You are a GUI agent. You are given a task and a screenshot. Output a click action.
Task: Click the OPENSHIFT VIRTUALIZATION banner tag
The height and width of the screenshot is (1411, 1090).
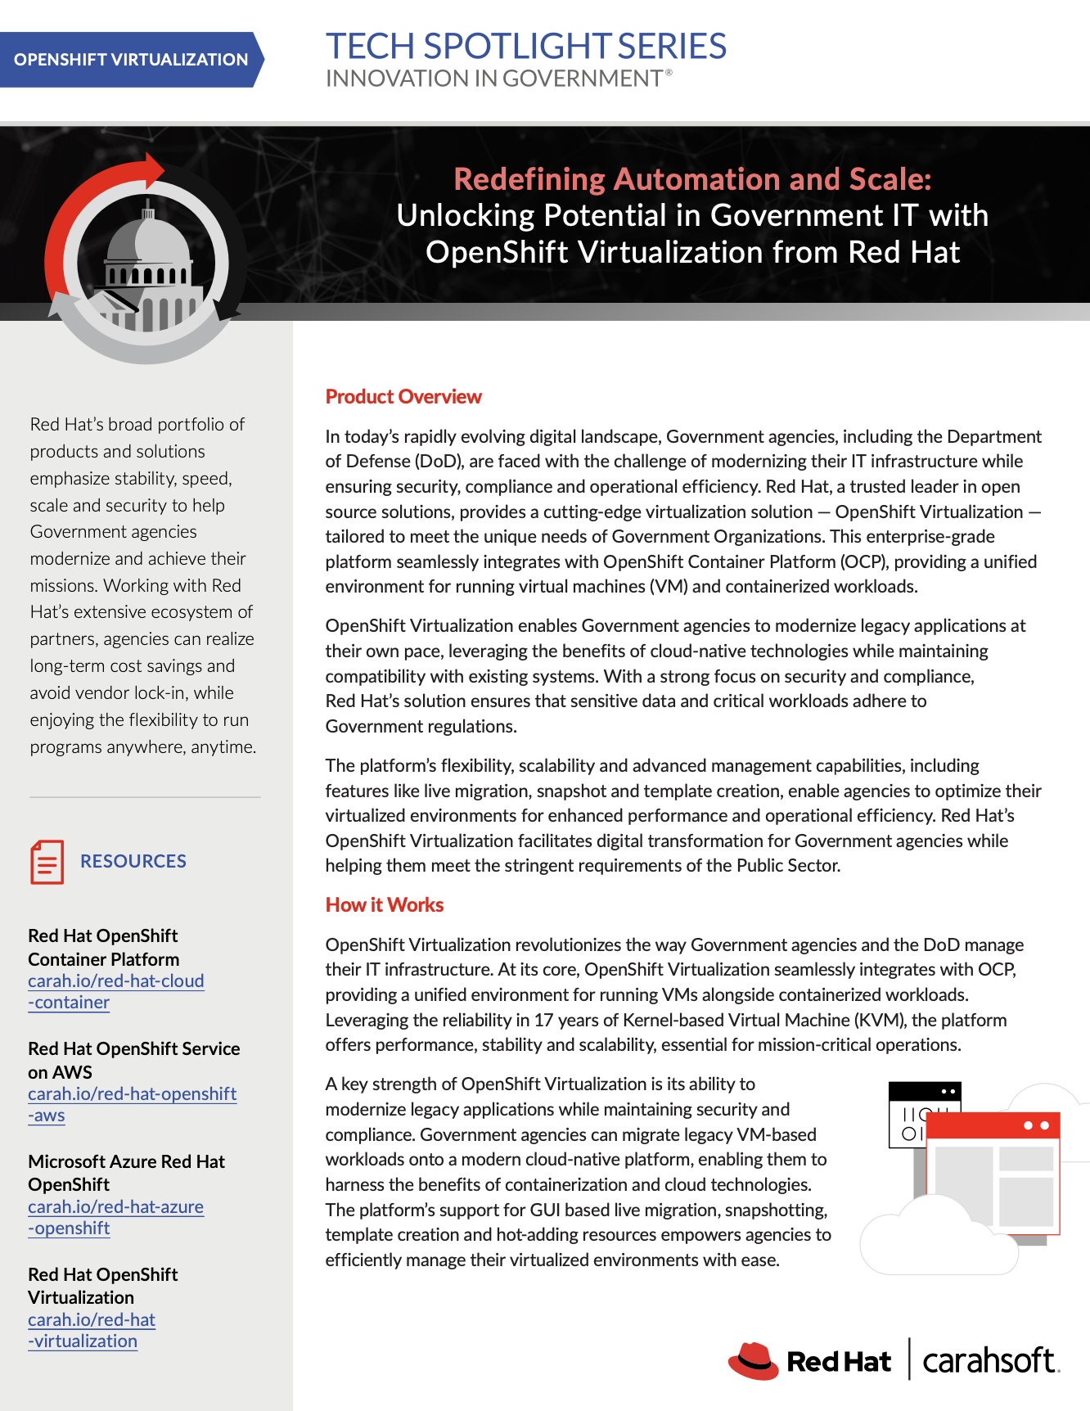tap(131, 60)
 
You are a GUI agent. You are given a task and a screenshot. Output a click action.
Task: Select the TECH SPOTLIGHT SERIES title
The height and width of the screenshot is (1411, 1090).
tap(525, 47)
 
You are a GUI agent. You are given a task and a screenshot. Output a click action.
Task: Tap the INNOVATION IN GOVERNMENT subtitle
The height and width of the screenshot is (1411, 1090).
tap(494, 79)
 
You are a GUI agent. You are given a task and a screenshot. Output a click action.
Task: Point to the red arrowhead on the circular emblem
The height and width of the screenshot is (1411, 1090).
tap(153, 169)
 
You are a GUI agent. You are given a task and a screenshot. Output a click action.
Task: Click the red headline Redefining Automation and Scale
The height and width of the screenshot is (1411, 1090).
tap(692, 178)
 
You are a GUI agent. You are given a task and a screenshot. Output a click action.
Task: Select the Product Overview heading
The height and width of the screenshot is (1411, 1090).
tap(403, 397)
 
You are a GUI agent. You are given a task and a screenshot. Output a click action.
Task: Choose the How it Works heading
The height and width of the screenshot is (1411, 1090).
tap(385, 905)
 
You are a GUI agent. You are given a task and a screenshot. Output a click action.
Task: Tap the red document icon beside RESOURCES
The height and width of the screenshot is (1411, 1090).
tap(47, 862)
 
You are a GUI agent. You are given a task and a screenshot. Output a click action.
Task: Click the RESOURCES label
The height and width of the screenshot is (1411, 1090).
tap(133, 861)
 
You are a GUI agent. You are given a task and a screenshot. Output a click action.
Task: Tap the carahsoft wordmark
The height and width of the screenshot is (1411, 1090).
tap(990, 1360)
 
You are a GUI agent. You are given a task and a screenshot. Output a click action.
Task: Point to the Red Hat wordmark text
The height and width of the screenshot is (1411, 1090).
tap(838, 1362)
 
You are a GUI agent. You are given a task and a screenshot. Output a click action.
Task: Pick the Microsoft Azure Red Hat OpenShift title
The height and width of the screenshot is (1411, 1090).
tap(126, 1173)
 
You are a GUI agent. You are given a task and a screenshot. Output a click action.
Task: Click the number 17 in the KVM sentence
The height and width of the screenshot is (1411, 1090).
tap(543, 1021)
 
